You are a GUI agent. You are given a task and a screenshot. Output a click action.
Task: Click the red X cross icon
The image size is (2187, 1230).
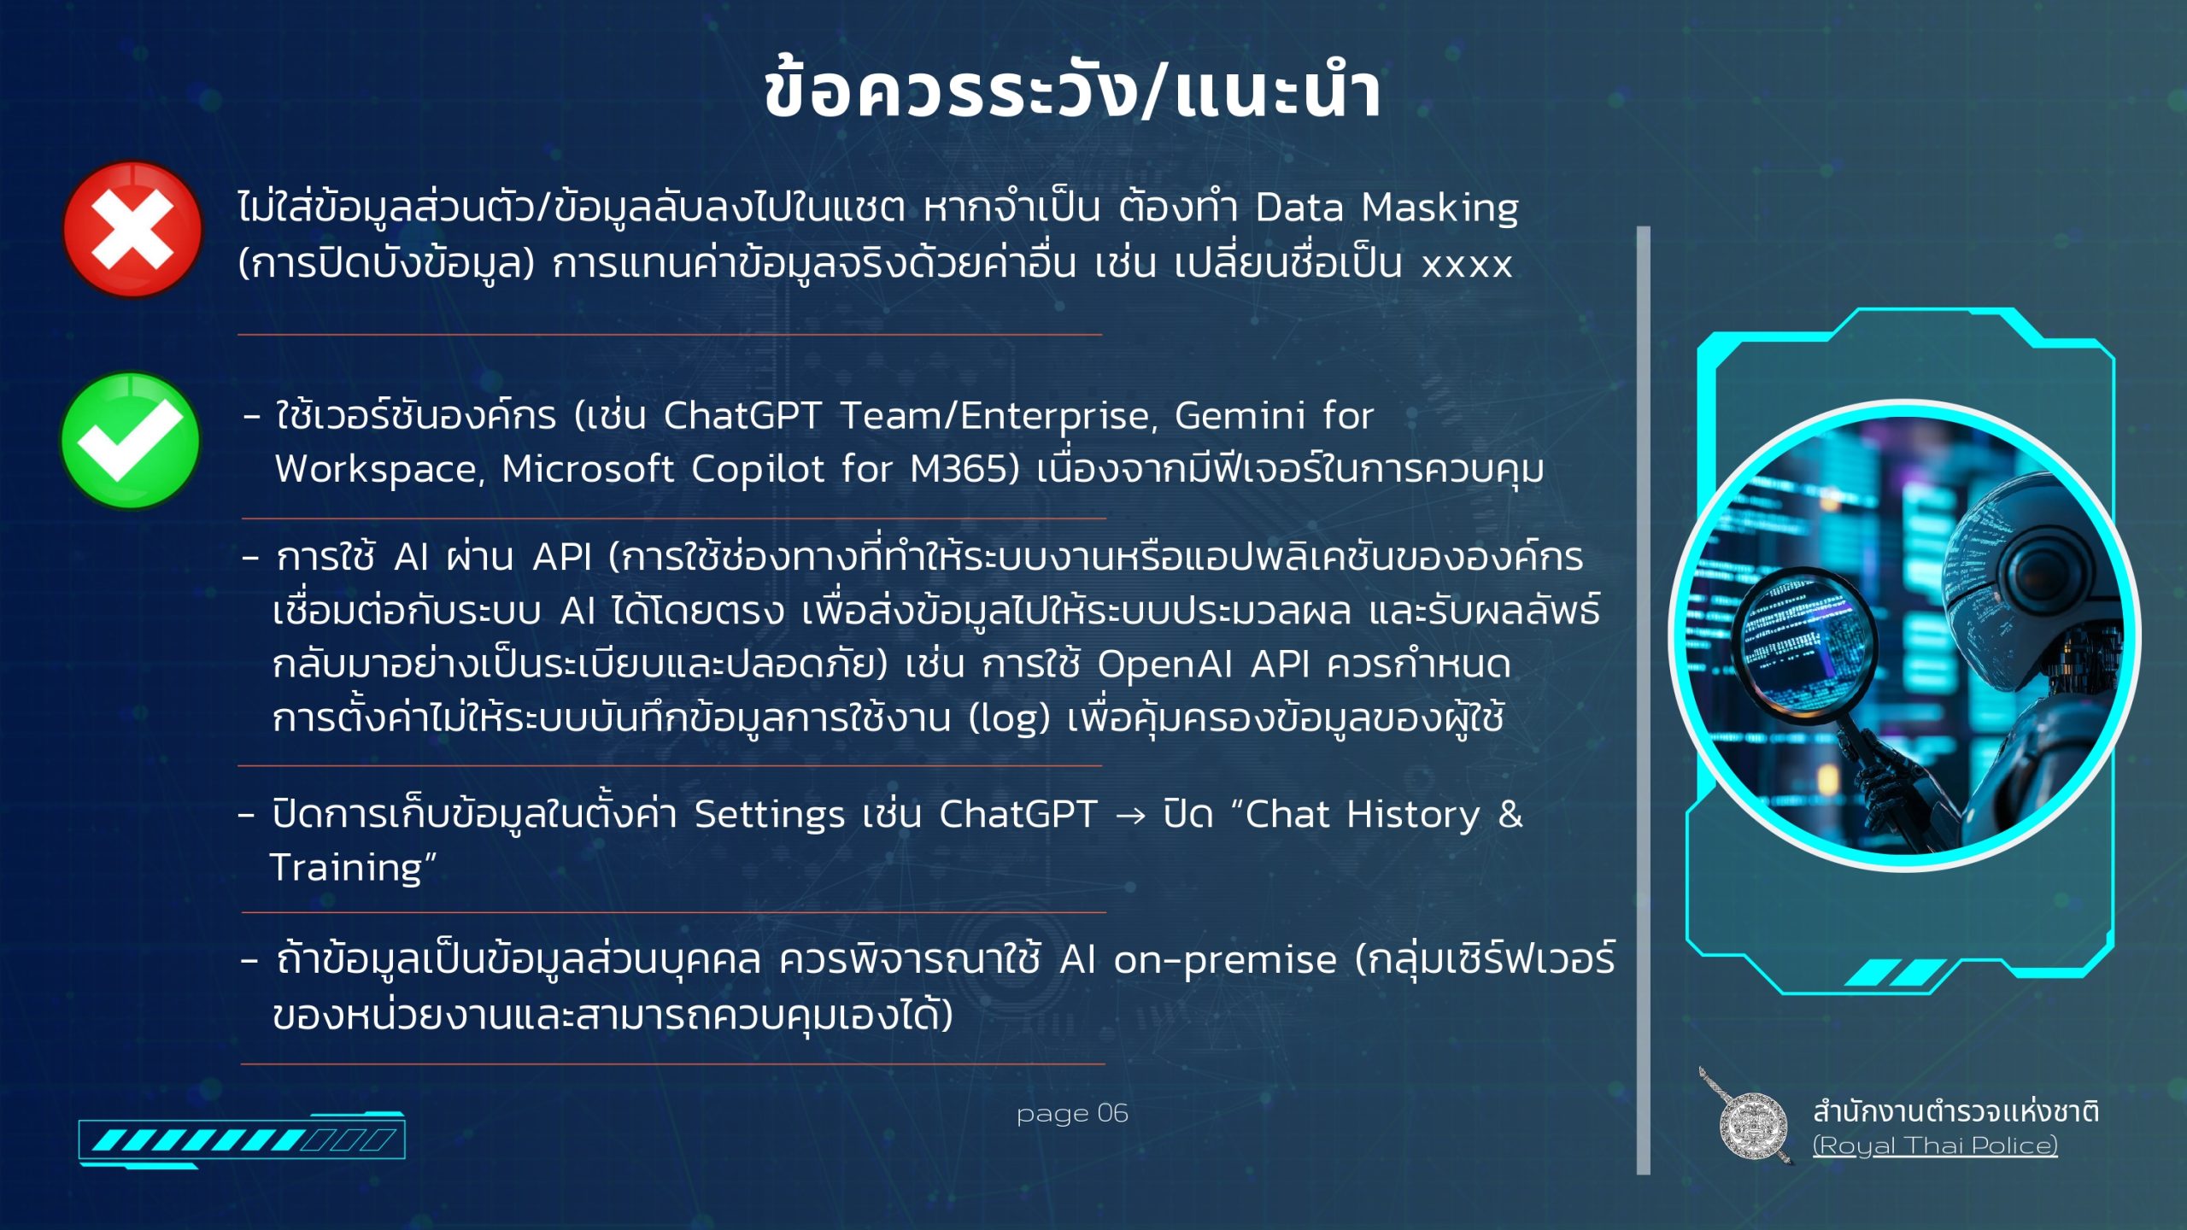pyautogui.click(x=132, y=229)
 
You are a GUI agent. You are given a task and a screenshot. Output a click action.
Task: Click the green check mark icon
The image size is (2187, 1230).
pyautogui.click(x=130, y=441)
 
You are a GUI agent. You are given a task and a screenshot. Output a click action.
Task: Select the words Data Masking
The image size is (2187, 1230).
pyautogui.click(x=1387, y=208)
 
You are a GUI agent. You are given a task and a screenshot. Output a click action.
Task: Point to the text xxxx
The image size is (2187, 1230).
pyautogui.click(x=1467, y=265)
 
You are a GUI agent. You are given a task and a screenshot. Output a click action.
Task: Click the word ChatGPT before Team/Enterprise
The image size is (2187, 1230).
pyautogui.click(x=742, y=416)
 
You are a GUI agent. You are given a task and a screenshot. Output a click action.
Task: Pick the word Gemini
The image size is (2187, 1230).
pyautogui.click(x=1240, y=416)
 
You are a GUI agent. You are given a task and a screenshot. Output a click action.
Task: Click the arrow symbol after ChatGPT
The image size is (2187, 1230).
pyautogui.click(x=1130, y=816)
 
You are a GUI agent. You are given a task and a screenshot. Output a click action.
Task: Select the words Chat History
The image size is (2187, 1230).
pyautogui.click(x=1362, y=814)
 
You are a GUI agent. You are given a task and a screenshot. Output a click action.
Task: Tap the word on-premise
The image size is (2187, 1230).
pyautogui.click(x=1225, y=960)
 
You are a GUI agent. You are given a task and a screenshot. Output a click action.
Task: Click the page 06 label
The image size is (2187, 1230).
pyautogui.click(x=1072, y=1113)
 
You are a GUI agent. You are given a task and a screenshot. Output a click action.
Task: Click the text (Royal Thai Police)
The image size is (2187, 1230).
pyautogui.click(x=1935, y=1145)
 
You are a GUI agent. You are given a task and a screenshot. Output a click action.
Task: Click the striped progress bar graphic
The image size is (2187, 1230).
pyautogui.click(x=242, y=1139)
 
